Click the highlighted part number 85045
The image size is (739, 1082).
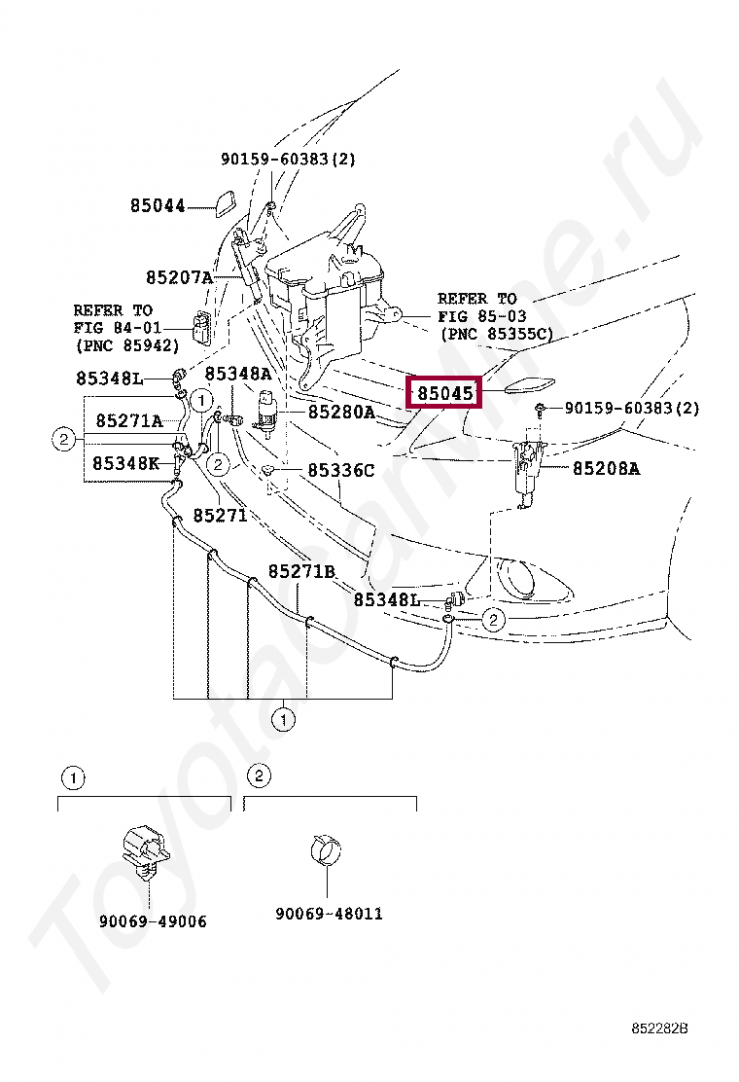[x=445, y=394]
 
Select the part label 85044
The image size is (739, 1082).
[x=158, y=206]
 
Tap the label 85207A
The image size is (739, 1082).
[x=179, y=277]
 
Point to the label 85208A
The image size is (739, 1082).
[x=606, y=468]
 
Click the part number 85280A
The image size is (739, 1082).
[x=341, y=413]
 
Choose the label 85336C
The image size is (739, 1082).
[x=340, y=471]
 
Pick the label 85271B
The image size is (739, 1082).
[x=301, y=571]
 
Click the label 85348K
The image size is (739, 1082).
[x=126, y=463]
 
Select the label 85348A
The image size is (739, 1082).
[x=237, y=374]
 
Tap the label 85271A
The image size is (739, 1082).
[x=128, y=420]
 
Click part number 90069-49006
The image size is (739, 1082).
[x=153, y=921]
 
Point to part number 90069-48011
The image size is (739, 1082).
[x=329, y=914]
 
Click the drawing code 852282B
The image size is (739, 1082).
[x=659, y=1028]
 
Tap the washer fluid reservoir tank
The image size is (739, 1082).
[x=326, y=292]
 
